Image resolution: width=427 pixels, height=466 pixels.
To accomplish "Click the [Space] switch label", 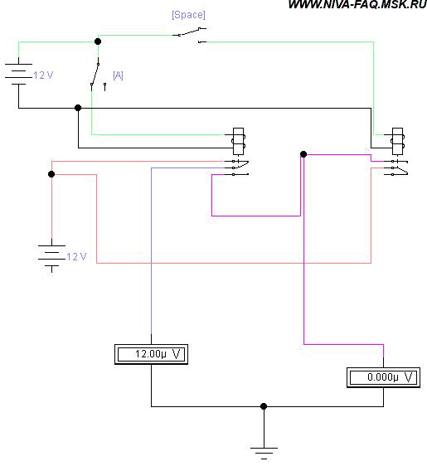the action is [188, 15].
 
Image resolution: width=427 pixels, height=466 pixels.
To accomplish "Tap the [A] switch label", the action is [118, 75].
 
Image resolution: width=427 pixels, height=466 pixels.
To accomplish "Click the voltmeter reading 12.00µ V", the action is [151, 354].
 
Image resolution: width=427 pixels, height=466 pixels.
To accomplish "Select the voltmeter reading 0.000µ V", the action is [383, 377].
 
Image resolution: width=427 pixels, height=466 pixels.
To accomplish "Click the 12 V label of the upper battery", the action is [43, 75].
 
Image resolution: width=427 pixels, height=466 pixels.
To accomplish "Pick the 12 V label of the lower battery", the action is [76, 256].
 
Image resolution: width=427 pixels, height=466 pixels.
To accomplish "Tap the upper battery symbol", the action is [18, 75].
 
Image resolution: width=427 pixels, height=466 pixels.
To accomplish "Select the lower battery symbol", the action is [51, 256].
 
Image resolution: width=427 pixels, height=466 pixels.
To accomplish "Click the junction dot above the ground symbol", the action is [264, 406].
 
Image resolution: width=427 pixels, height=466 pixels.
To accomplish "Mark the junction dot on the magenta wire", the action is [303, 154].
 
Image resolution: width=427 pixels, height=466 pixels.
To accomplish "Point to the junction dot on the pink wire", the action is [51, 174].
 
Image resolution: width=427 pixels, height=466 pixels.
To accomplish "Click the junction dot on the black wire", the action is [78, 108].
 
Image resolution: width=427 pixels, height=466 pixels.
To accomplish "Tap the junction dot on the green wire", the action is [98, 41].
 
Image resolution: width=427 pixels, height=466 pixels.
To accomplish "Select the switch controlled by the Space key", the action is [190, 35].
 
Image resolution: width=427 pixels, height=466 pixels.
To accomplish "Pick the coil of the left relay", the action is [239, 142].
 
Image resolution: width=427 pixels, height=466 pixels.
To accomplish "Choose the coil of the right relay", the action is [398, 142].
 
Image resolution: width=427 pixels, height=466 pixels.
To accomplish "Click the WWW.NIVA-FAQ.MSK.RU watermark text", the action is [357, 4].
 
